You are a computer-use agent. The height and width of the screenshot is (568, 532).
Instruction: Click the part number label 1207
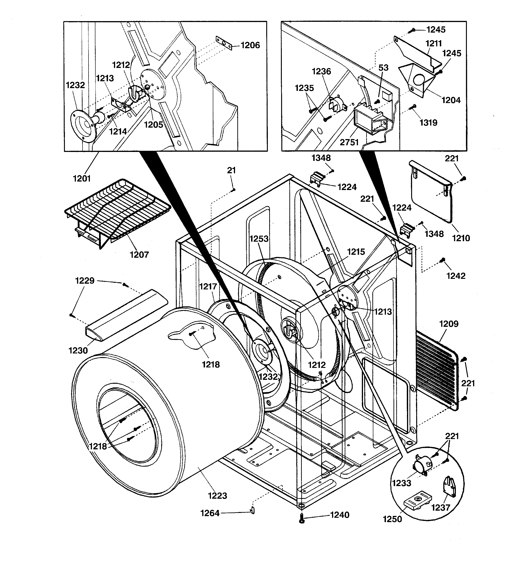pyautogui.click(x=139, y=254)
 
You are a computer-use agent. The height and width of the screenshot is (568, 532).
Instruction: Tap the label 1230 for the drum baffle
pyautogui.click(x=78, y=350)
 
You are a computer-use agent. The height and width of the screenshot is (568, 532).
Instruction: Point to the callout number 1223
pyautogui.click(x=218, y=495)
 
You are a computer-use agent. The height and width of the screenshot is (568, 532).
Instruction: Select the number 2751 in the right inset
pyautogui.click(x=349, y=142)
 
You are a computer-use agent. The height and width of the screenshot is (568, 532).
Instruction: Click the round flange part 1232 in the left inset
pyautogui.click(x=83, y=126)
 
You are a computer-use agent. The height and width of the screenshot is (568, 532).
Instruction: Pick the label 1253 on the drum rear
pyautogui.click(x=259, y=239)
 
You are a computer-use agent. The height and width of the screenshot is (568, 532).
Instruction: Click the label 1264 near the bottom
pyautogui.click(x=210, y=513)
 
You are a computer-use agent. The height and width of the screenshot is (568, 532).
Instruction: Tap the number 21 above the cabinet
pyautogui.click(x=231, y=170)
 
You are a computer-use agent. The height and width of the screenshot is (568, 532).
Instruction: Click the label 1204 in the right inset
pyautogui.click(x=451, y=100)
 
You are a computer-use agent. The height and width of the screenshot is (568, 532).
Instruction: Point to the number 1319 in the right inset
pyautogui.click(x=428, y=123)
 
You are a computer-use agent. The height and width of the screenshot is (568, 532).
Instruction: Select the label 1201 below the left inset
pyautogui.click(x=82, y=179)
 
